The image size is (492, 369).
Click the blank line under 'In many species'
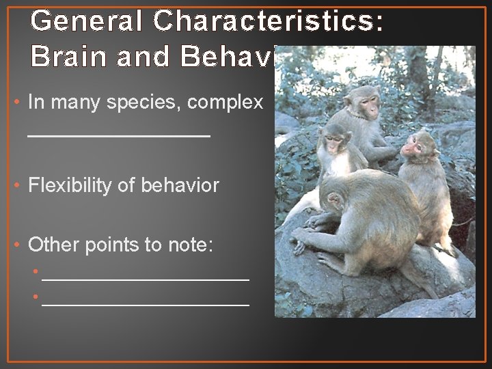pyautogui.click(x=119, y=137)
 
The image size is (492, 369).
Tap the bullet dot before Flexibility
pyautogui.click(x=16, y=185)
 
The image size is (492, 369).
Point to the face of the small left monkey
pyautogui.click(x=334, y=143)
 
